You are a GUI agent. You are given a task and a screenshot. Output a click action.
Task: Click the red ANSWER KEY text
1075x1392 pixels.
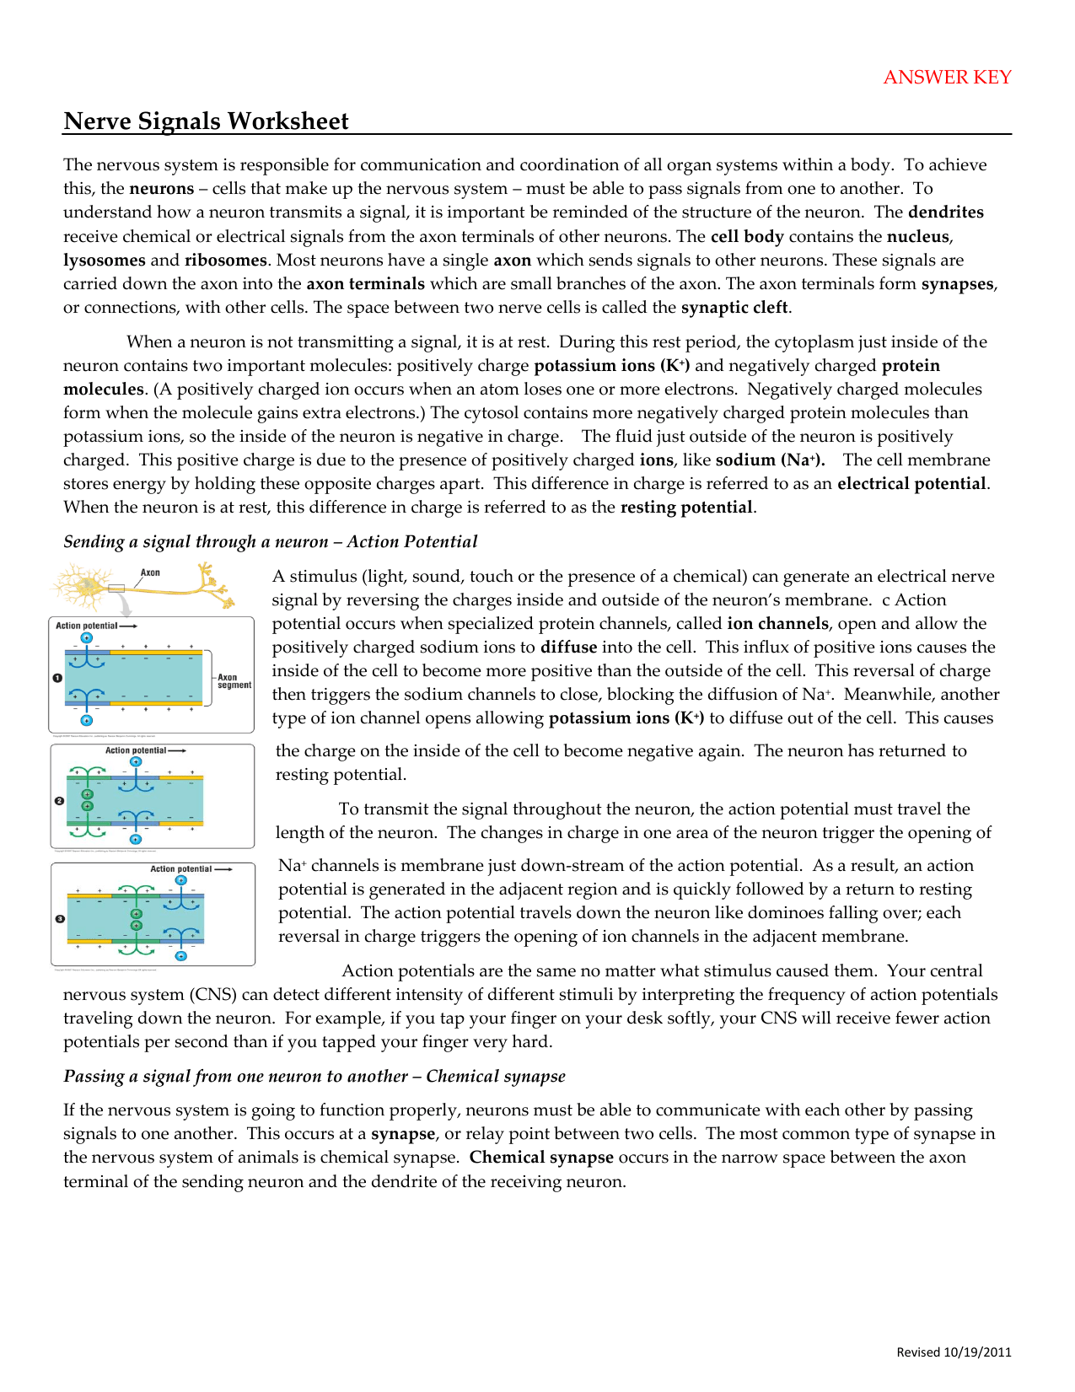pyautogui.click(x=947, y=78)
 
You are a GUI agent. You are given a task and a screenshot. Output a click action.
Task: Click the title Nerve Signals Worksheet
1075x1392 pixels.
pyautogui.click(x=206, y=121)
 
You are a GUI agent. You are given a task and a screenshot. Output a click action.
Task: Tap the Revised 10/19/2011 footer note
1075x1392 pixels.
pyautogui.click(x=953, y=1352)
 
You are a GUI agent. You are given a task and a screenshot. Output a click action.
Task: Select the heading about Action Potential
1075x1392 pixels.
pyautogui.click(x=270, y=541)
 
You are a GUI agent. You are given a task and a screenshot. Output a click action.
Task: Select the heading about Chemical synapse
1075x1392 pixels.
pyautogui.click(x=314, y=1076)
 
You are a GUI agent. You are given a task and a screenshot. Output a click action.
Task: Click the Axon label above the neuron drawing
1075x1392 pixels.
pyautogui.click(x=150, y=572)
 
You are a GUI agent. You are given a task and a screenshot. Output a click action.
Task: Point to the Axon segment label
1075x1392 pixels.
pyautogui.click(x=234, y=680)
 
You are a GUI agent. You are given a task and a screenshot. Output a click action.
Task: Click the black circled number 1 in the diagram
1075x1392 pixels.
pyautogui.click(x=57, y=677)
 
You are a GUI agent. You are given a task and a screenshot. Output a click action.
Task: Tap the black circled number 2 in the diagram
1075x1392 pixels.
pyautogui.click(x=59, y=800)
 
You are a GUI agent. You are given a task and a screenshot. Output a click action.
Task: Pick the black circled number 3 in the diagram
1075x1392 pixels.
pyautogui.click(x=60, y=918)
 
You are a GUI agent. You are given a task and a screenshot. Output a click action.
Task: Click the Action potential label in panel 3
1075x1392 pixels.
pyautogui.click(x=181, y=868)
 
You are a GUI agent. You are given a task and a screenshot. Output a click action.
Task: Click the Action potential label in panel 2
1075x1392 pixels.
pyautogui.click(x=136, y=750)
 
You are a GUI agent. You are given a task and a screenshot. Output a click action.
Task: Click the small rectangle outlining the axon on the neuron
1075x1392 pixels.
pyautogui.click(x=116, y=589)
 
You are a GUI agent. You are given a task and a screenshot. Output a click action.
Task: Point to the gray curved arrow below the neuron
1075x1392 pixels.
pyautogui.click(x=124, y=605)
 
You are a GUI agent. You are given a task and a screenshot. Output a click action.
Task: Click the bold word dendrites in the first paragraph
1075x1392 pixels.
pyautogui.click(x=945, y=212)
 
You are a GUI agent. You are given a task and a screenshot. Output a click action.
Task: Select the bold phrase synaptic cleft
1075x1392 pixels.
pyautogui.click(x=734, y=307)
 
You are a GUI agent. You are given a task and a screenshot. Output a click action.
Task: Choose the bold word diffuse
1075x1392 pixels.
pyautogui.click(x=568, y=647)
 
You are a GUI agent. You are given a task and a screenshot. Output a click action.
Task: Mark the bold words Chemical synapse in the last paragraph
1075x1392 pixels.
pyautogui.click(x=541, y=1157)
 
